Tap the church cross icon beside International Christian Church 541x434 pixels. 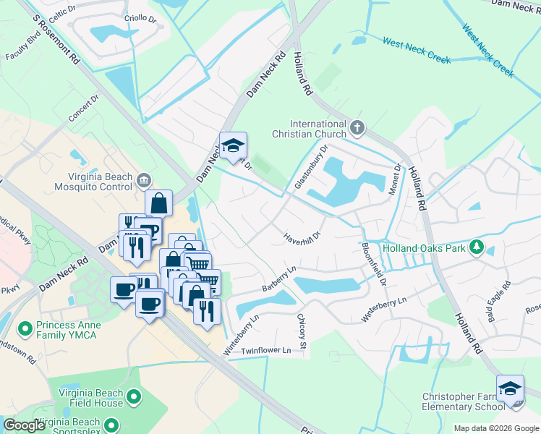[x=357, y=129]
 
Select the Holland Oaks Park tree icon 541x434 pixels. [x=476, y=248]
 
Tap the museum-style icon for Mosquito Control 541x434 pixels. [x=143, y=179]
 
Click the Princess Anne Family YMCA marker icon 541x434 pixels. [x=25, y=329]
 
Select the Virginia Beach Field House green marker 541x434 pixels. [x=133, y=396]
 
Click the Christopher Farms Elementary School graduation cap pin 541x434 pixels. [x=510, y=388]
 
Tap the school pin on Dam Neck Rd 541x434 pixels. [x=233, y=146]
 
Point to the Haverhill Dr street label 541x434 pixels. [x=302, y=234]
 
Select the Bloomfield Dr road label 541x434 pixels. [x=373, y=263]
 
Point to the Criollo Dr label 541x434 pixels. [x=141, y=17]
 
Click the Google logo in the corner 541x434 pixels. [x=24, y=425]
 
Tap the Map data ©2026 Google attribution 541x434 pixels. [x=495, y=428]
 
